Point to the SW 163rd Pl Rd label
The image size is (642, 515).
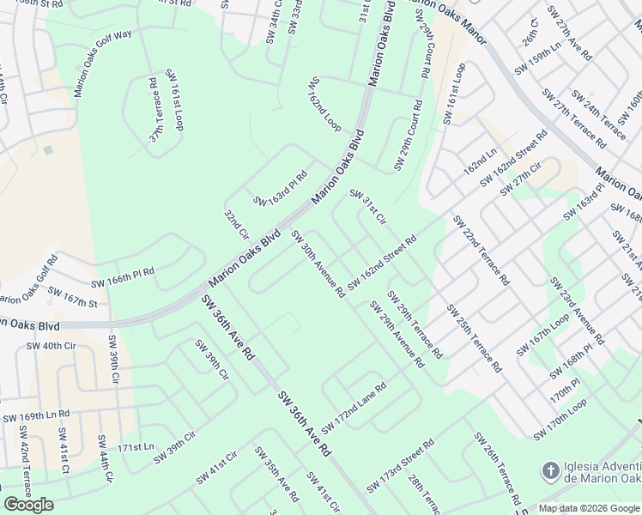point(280,189)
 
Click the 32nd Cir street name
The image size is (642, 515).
point(236,223)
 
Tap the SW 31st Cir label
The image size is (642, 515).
point(367,209)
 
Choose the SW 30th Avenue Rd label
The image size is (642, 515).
point(318,264)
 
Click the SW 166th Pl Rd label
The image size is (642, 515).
point(123,277)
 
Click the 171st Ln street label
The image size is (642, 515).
point(136,447)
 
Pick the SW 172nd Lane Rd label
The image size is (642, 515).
point(354,409)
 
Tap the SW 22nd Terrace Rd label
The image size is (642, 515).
point(481,250)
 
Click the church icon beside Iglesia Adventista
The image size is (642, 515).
point(550,470)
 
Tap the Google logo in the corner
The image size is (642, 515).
point(28,505)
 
